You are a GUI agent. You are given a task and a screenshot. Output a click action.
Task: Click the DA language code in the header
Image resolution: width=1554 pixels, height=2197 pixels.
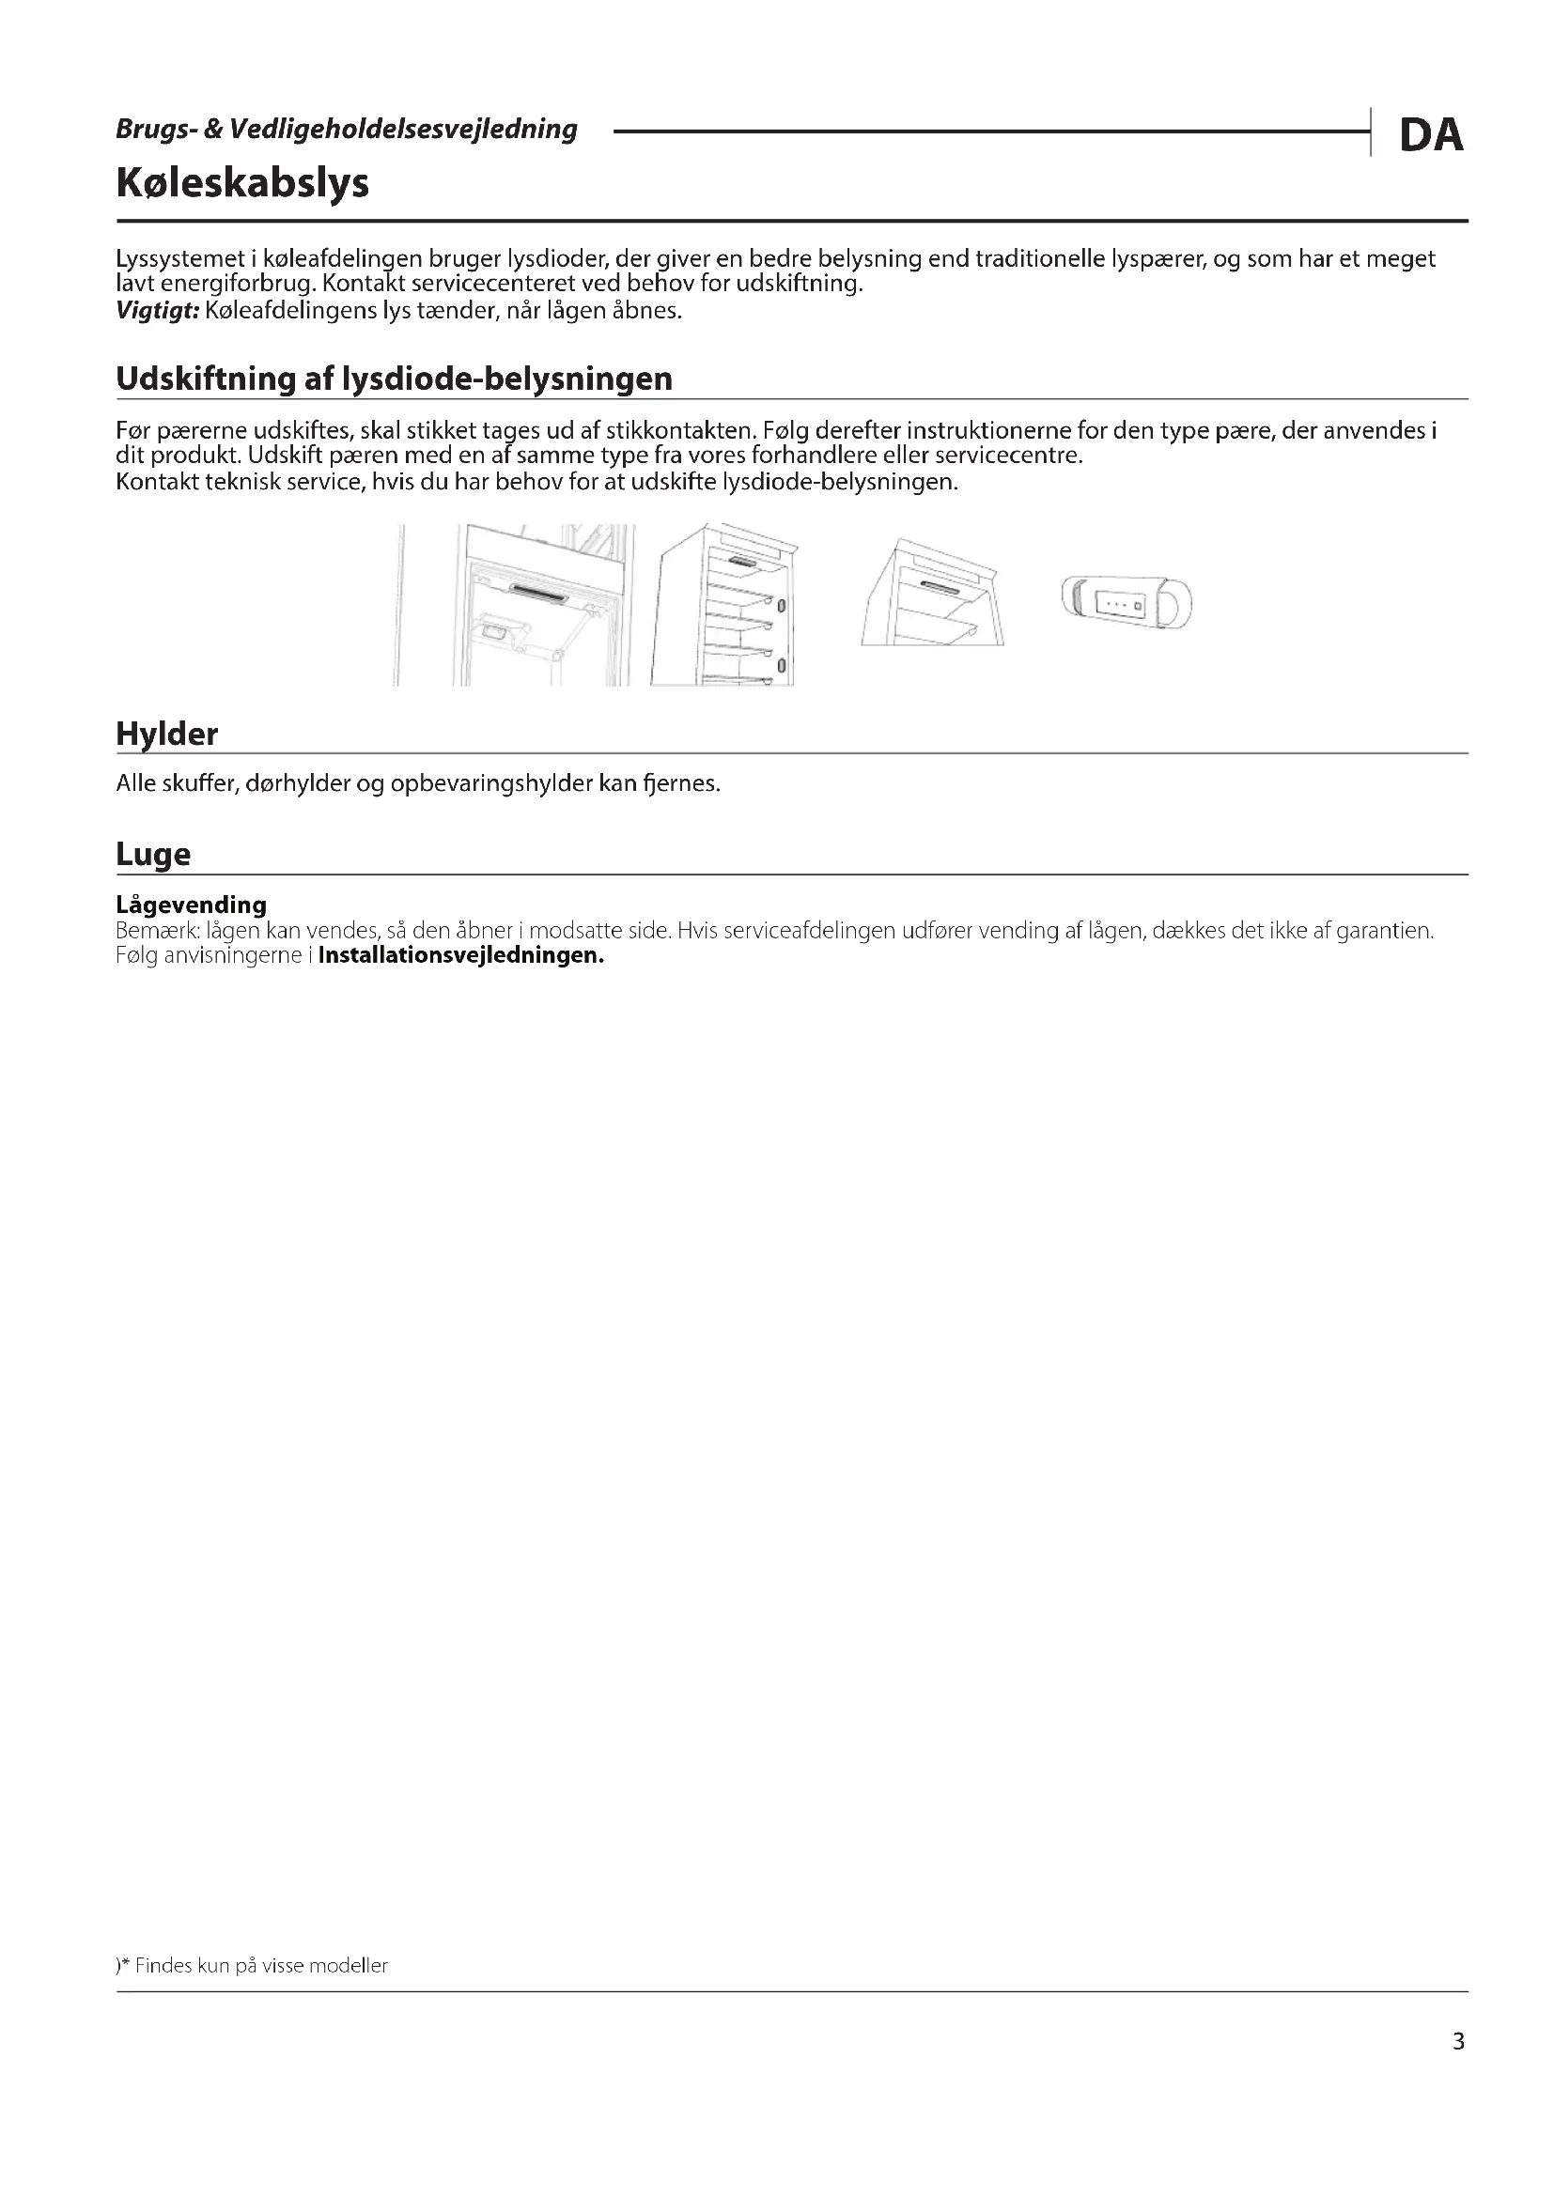click(x=1431, y=135)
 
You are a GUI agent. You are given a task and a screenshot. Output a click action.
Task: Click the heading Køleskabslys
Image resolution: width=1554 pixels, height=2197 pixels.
click(x=242, y=182)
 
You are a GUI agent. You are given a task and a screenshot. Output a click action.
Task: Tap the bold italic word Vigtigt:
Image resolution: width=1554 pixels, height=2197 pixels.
click(x=157, y=311)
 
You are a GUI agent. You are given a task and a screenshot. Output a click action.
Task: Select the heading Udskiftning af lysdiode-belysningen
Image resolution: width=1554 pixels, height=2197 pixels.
click(x=394, y=379)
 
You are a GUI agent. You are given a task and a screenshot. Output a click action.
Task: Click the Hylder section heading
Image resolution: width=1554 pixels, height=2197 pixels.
click(x=166, y=734)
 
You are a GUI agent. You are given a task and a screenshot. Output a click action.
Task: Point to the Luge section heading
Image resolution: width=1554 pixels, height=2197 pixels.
click(x=153, y=854)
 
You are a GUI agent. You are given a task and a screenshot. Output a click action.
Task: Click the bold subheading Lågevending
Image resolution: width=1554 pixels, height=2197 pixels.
click(x=192, y=905)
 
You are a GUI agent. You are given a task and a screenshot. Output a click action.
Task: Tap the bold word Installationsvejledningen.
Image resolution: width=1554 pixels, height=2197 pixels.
click(x=460, y=955)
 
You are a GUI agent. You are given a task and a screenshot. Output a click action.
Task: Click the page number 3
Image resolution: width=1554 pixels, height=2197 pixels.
click(x=1458, y=2042)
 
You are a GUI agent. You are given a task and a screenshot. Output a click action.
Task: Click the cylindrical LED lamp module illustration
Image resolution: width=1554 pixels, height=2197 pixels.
click(x=1127, y=603)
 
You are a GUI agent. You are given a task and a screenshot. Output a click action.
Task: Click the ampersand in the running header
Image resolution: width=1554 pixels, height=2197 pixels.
click(x=212, y=130)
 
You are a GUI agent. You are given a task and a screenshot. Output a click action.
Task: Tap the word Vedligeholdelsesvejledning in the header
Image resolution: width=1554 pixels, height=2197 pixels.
click(x=403, y=130)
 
